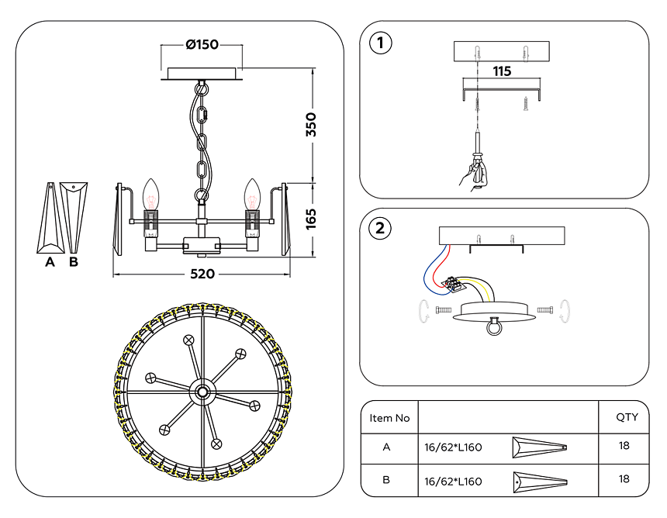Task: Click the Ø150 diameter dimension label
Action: pos(202,44)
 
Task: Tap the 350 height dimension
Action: pos(311,125)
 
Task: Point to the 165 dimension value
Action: pos(311,219)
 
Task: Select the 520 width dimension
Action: pos(202,275)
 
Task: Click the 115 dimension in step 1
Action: pos(502,71)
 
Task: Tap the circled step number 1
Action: pos(380,43)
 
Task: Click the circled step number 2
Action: pos(380,228)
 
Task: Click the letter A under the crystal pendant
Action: pos(50,262)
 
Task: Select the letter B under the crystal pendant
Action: pos(74,262)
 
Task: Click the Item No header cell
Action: pos(389,418)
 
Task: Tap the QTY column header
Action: pos(627,417)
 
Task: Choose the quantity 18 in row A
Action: pos(625,447)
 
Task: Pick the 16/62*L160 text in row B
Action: pos(453,481)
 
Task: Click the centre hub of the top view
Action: pos(202,392)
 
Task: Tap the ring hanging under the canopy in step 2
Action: pos(492,329)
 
